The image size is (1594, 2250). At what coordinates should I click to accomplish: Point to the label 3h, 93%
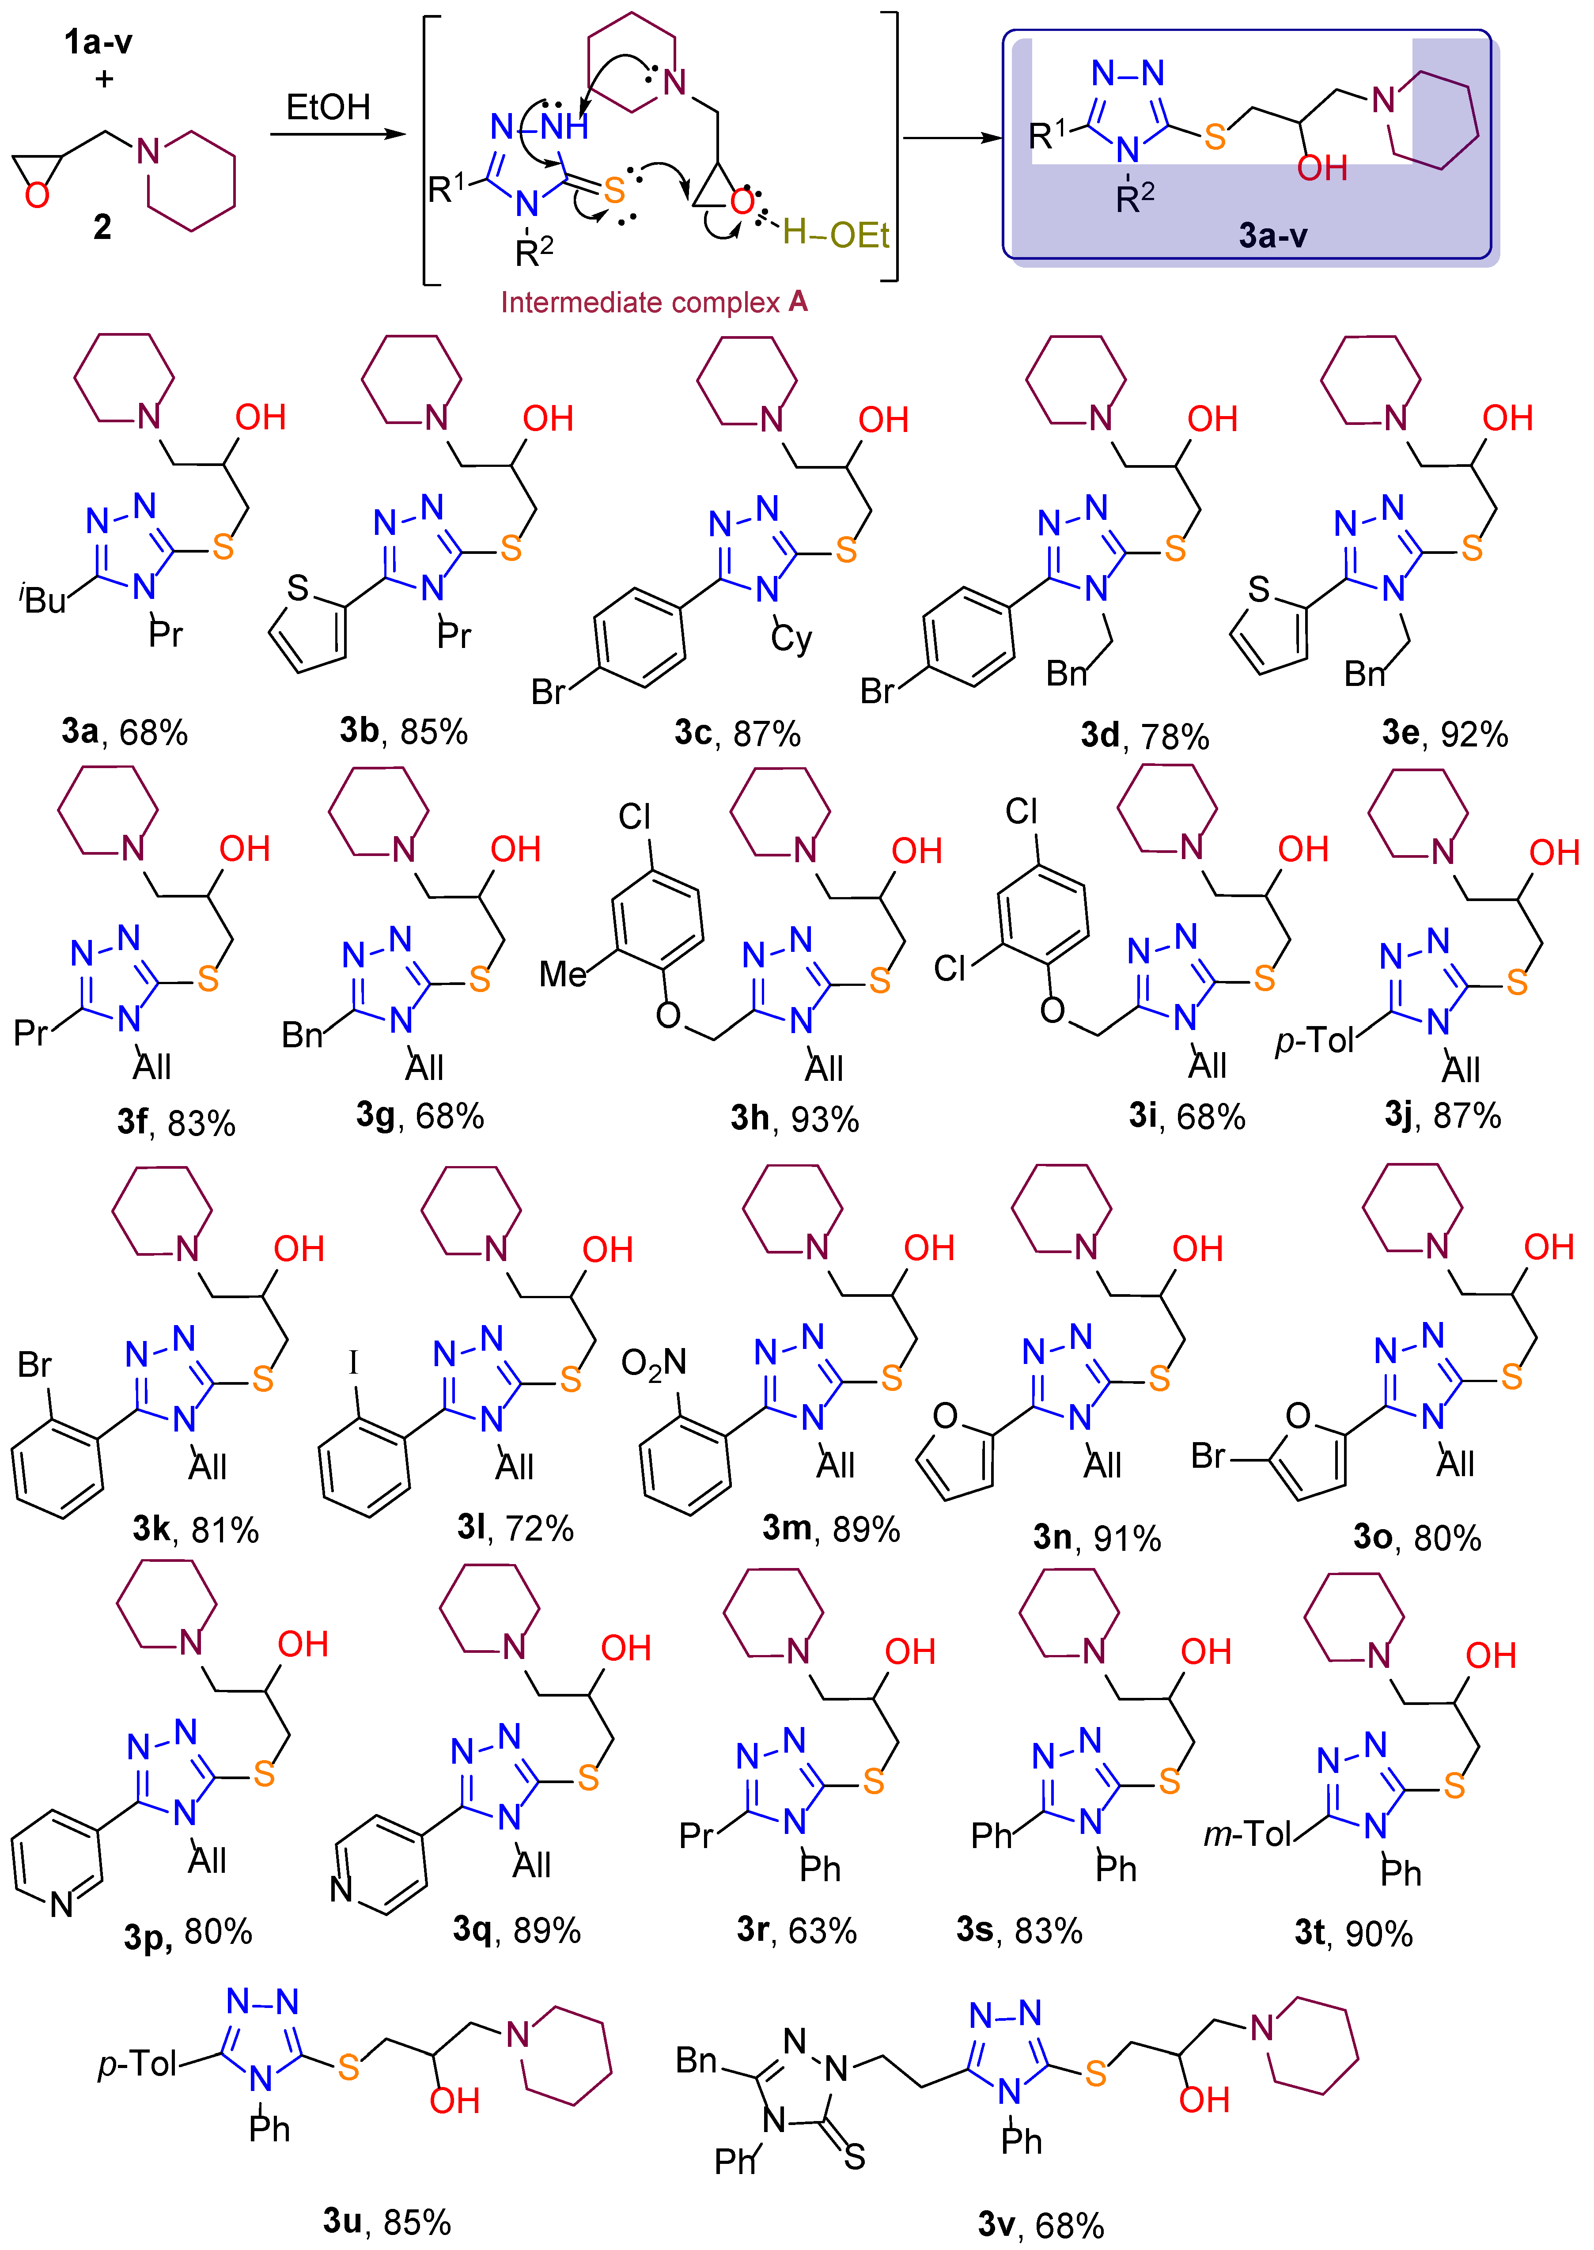point(794,1118)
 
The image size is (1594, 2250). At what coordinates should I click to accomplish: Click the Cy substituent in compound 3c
point(791,639)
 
